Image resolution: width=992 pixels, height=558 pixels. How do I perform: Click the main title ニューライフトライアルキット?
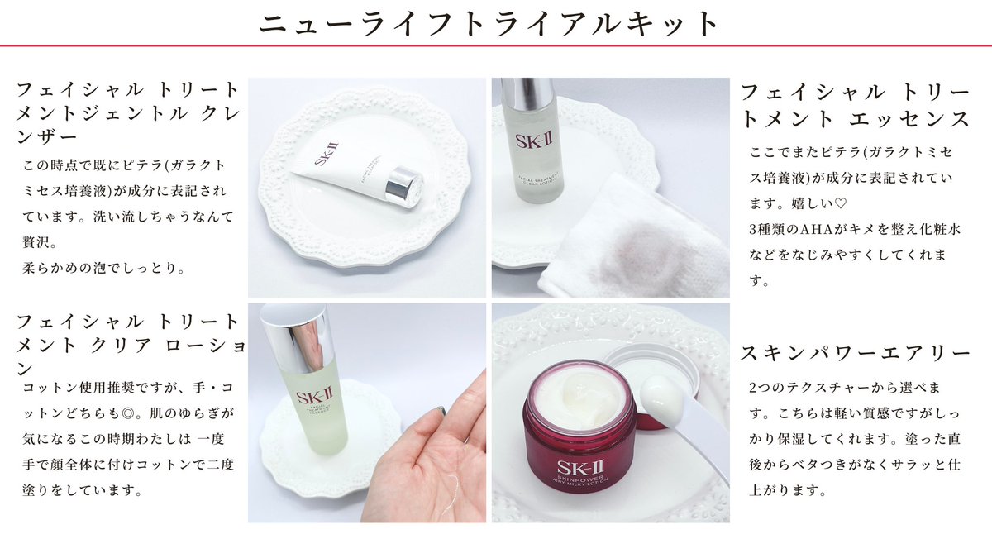tap(489, 23)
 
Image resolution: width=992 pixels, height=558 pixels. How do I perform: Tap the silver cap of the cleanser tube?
tap(403, 187)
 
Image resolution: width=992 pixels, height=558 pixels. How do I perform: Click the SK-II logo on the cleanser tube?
tap(327, 153)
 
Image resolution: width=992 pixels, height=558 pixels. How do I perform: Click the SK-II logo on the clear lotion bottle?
tap(534, 141)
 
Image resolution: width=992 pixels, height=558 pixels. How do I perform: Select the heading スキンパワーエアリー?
tap(855, 353)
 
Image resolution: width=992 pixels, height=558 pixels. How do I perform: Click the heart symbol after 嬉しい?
tap(840, 203)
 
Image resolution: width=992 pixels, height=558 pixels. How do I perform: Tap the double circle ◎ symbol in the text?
tap(128, 413)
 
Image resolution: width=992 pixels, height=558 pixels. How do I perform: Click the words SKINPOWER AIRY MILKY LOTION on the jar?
tap(580, 482)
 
